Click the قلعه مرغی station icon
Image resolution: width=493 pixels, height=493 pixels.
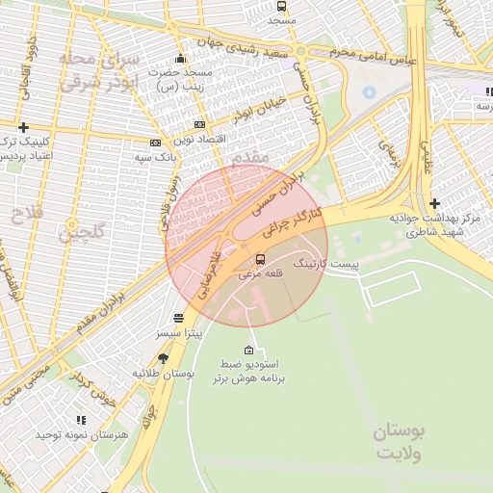click(260, 259)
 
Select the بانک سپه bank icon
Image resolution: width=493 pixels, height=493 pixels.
click(155, 143)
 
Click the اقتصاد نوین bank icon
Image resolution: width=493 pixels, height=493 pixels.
click(199, 124)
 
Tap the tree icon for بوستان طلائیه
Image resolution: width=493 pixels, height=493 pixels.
click(175, 358)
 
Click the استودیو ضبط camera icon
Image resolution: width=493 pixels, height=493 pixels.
click(250, 350)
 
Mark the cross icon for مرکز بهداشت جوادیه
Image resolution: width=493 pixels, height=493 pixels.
click(435, 203)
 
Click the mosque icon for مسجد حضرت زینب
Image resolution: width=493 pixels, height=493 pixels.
click(179, 60)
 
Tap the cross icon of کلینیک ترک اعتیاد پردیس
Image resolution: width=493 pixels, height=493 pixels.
click(23, 127)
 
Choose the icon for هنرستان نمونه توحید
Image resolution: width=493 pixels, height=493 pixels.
click(81, 420)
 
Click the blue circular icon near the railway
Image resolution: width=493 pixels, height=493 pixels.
click(368, 91)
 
